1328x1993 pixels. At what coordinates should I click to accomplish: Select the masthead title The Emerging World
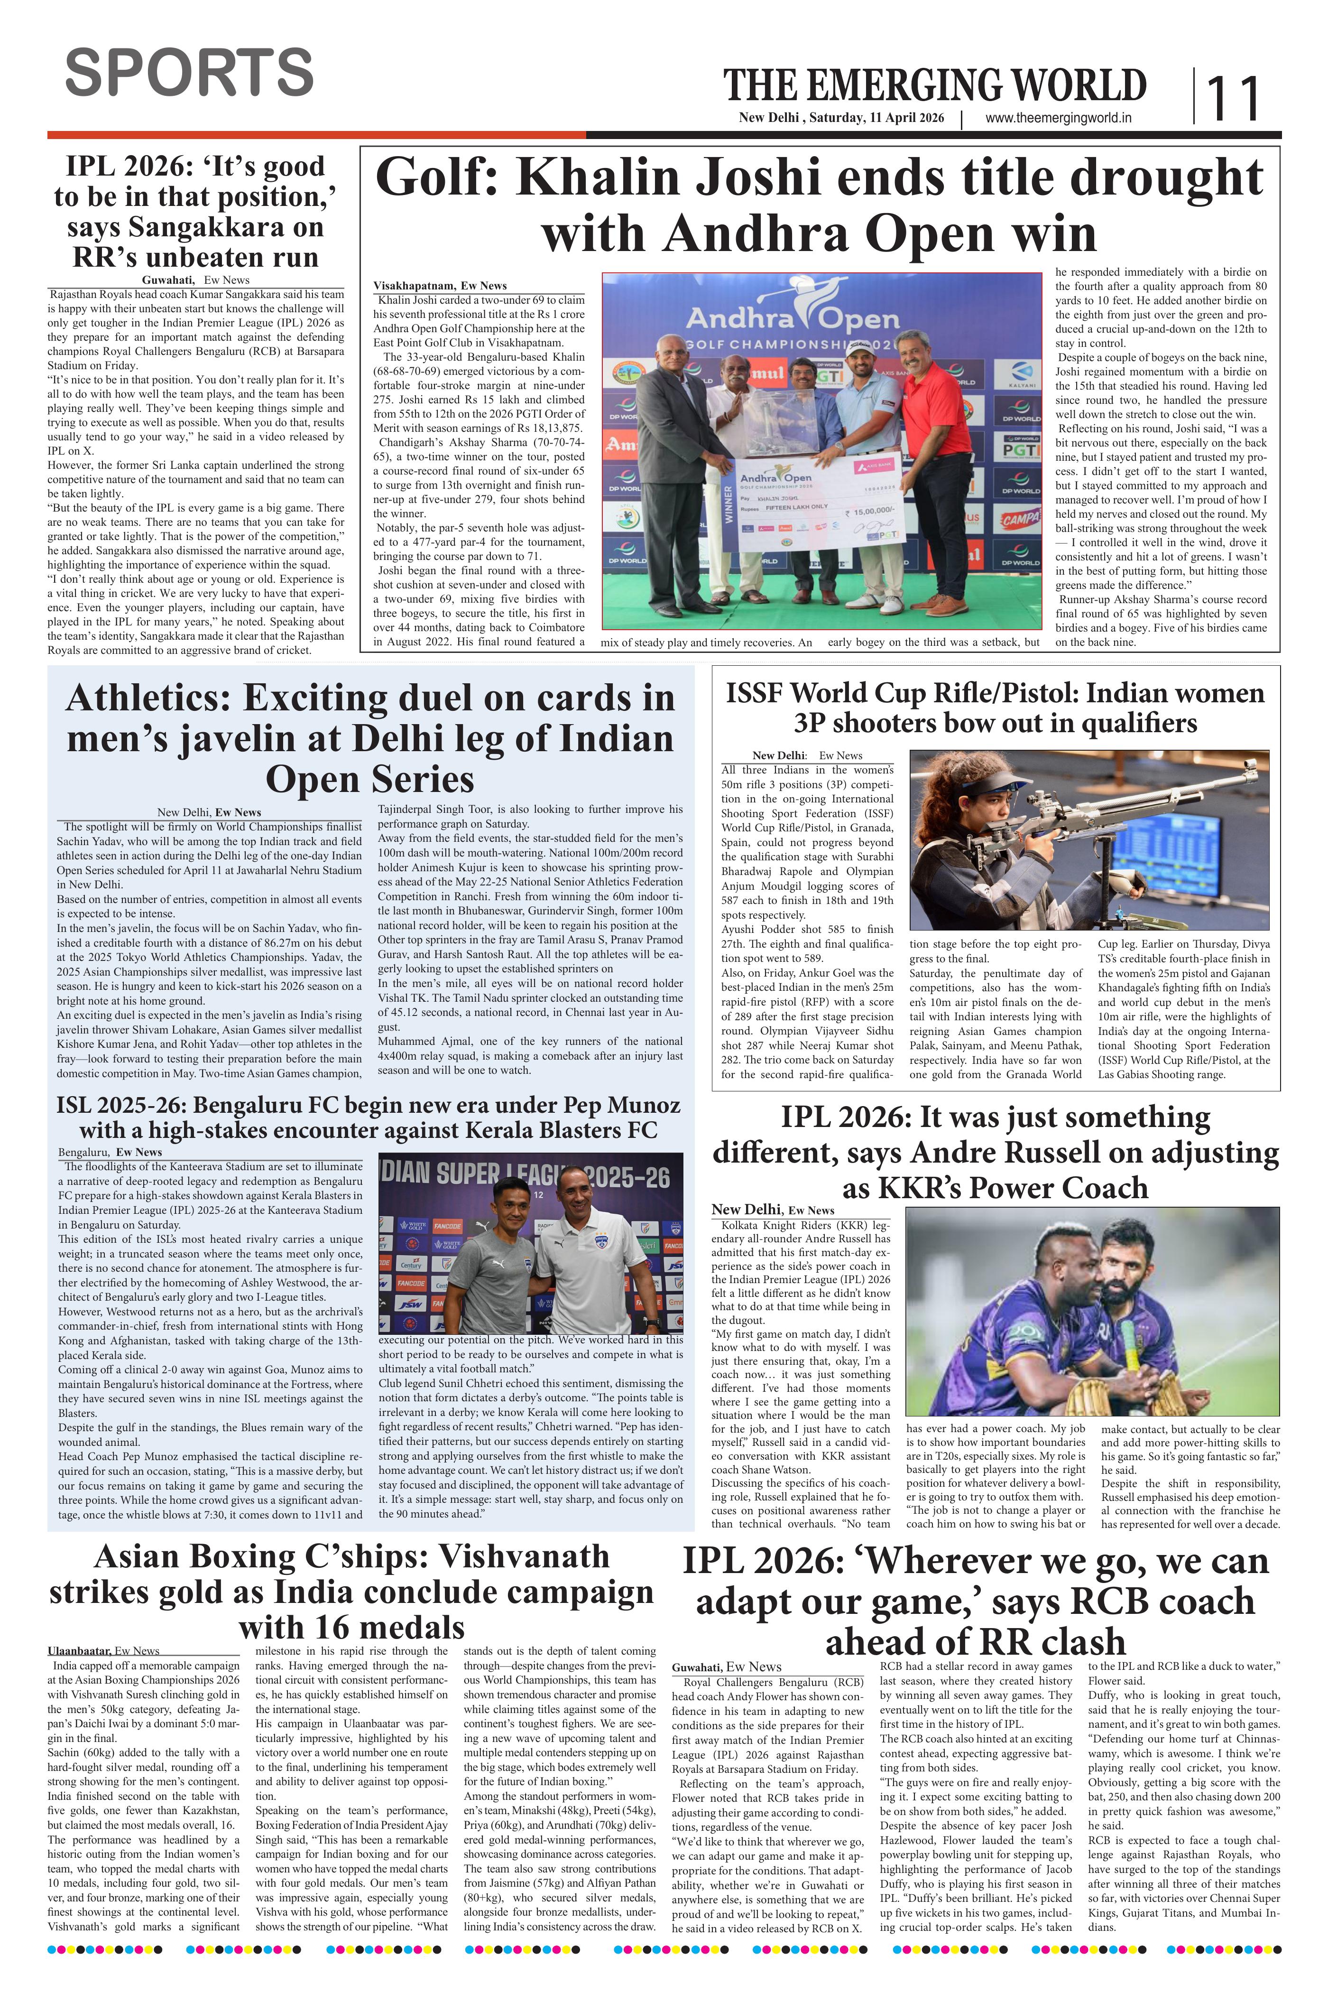point(934,86)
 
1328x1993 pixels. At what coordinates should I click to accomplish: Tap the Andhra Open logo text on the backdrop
point(792,319)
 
